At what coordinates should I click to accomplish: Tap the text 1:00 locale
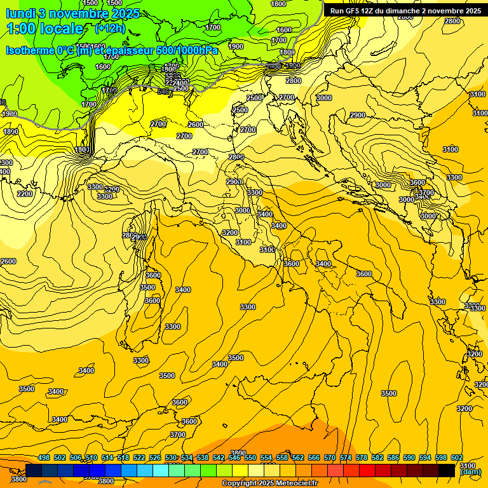pyautogui.click(x=44, y=29)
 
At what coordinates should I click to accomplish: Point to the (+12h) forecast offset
pyautogui.click(x=110, y=29)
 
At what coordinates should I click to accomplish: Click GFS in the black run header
pyautogui.click(x=355, y=11)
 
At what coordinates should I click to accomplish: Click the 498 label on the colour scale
pyautogui.click(x=44, y=457)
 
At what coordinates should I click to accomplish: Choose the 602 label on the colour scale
pyautogui.click(x=457, y=457)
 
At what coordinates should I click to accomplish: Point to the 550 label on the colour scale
pyautogui.click(x=250, y=457)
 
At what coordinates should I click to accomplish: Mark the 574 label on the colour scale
pyautogui.click(x=346, y=457)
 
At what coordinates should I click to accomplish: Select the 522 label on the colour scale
pyautogui.click(x=139, y=457)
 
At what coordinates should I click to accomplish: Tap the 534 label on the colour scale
pyautogui.click(x=187, y=457)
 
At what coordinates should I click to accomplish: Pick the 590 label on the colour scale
pyautogui.click(x=409, y=457)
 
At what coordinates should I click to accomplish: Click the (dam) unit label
pyautogui.click(x=470, y=472)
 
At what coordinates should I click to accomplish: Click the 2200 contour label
pyautogui.click(x=25, y=194)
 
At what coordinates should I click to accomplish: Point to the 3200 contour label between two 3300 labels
pyautogui.click(x=112, y=189)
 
